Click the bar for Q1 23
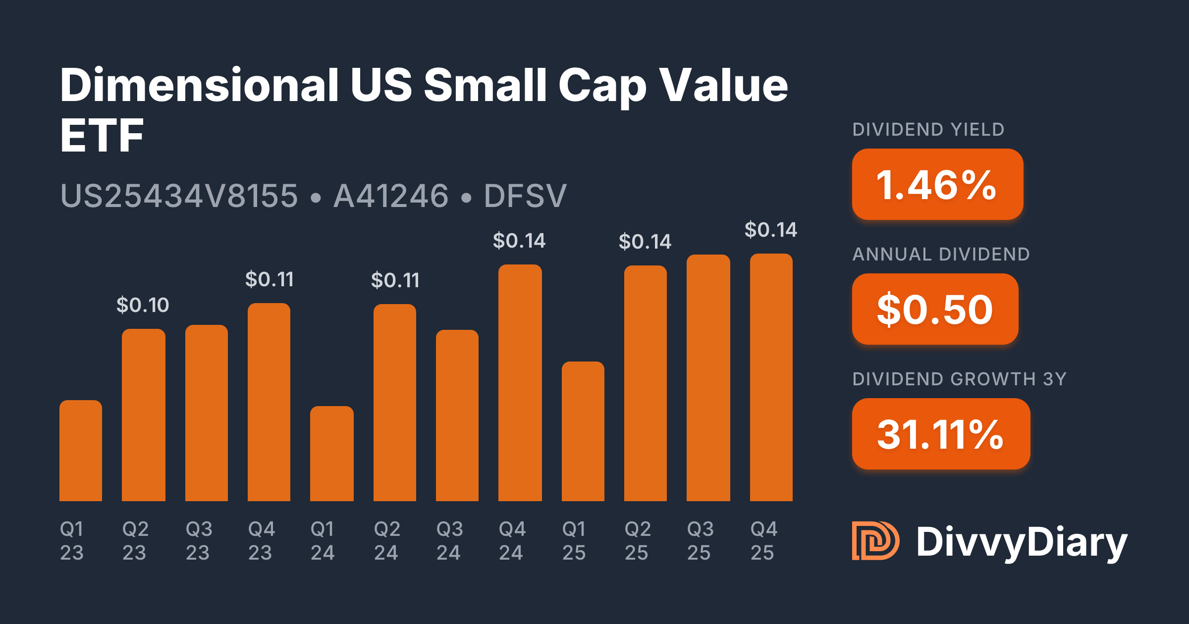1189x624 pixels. [x=81, y=451]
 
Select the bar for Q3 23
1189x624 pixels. [x=207, y=413]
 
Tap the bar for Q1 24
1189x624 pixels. [x=332, y=454]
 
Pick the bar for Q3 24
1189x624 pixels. [x=457, y=416]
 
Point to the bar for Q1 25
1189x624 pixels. [x=583, y=431]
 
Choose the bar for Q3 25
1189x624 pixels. [x=708, y=378]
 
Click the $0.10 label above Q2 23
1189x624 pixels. [x=143, y=305]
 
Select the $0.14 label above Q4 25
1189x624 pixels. [x=771, y=230]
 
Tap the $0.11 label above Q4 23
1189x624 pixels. [x=270, y=280]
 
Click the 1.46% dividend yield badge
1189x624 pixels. [x=937, y=185]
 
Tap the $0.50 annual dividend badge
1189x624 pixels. [x=935, y=310]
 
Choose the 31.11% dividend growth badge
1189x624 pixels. [x=941, y=434]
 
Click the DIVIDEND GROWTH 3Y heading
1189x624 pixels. [x=959, y=379]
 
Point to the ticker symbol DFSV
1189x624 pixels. [x=525, y=196]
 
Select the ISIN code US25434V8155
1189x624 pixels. [x=179, y=196]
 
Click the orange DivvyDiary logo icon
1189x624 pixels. [x=875, y=541]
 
